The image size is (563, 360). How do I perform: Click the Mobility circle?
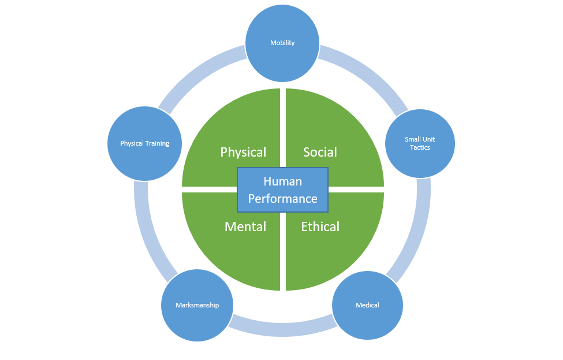[x=282, y=43]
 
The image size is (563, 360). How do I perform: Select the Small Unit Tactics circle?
[x=420, y=143]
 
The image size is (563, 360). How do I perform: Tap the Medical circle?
[x=367, y=305]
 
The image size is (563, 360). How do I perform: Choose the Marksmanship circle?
[x=197, y=305]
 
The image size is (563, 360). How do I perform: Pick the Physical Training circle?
[x=145, y=143]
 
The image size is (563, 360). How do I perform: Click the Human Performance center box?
[x=282, y=190]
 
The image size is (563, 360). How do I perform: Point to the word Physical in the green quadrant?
[x=243, y=152]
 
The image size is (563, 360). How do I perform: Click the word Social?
[x=320, y=152]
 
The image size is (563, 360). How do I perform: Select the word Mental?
[x=245, y=227]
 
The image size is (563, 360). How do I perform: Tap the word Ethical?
[x=320, y=227]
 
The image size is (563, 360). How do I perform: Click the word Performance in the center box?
[x=282, y=199]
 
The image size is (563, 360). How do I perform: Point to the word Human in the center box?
[x=282, y=181]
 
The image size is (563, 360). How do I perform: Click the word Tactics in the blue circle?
[x=420, y=147]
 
